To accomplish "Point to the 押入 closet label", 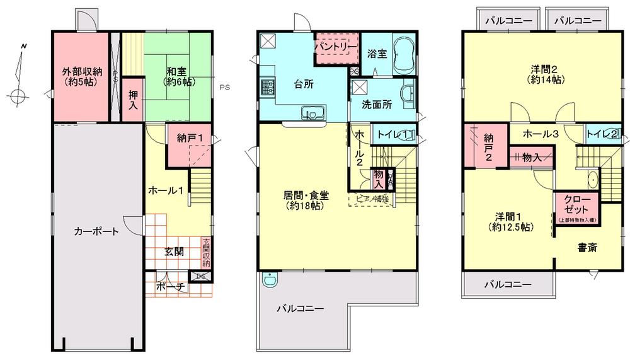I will click(133, 100).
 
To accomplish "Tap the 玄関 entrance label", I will click(175, 251).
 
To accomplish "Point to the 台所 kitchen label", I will click(304, 83).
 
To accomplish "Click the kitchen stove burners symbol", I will click(267, 86).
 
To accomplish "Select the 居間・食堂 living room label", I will click(307, 200).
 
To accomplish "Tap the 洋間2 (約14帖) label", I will click(545, 74).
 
